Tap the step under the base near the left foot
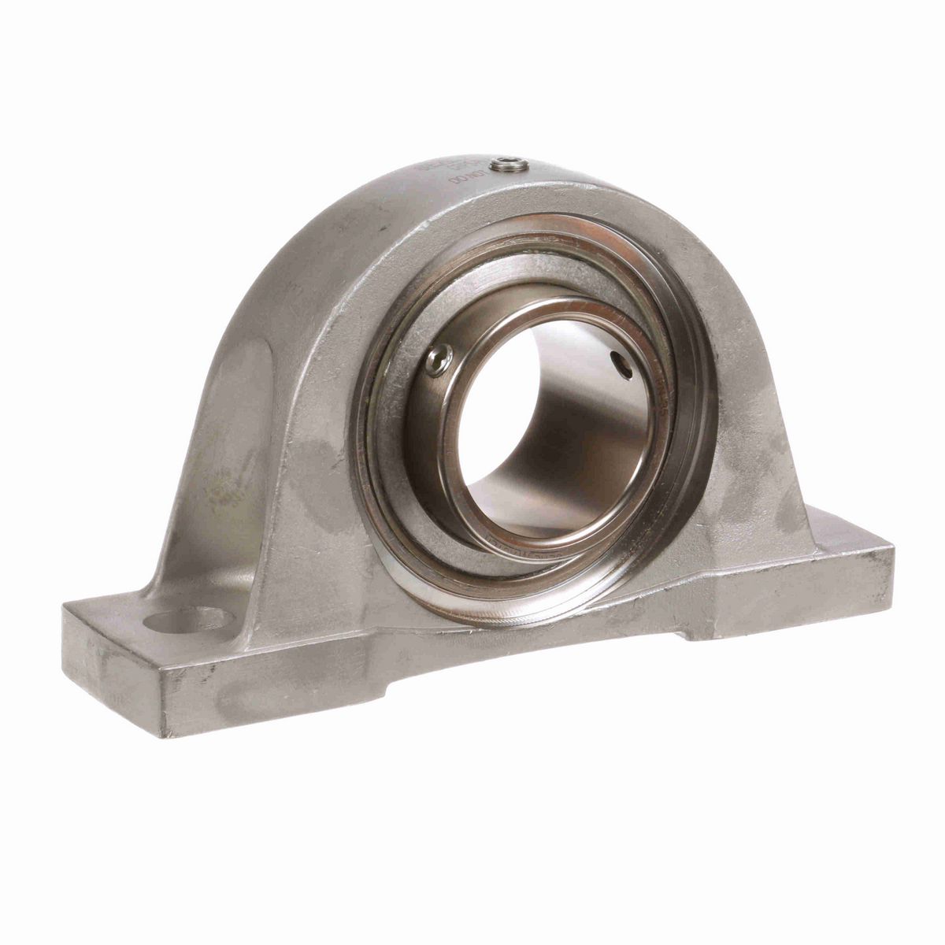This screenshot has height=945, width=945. point(378,693)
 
